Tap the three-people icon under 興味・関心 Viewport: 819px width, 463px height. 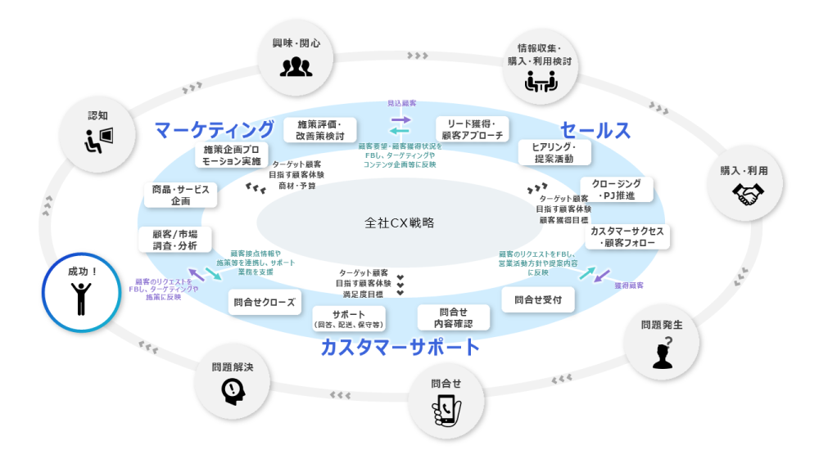(296, 66)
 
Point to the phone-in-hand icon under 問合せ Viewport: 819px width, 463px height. (445, 410)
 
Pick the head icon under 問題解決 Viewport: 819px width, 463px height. (233, 392)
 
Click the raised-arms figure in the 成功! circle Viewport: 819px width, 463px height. (81, 299)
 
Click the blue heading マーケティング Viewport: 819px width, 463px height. (215, 129)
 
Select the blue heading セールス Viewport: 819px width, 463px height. (595, 130)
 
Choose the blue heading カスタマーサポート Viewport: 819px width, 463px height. (400, 347)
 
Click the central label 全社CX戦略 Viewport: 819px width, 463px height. (400, 222)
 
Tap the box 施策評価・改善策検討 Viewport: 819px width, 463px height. (319, 129)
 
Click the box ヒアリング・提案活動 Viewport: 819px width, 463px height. (554, 152)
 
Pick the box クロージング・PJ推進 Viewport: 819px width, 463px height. (617, 190)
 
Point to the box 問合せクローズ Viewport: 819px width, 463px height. (264, 301)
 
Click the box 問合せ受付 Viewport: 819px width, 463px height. (538, 299)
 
